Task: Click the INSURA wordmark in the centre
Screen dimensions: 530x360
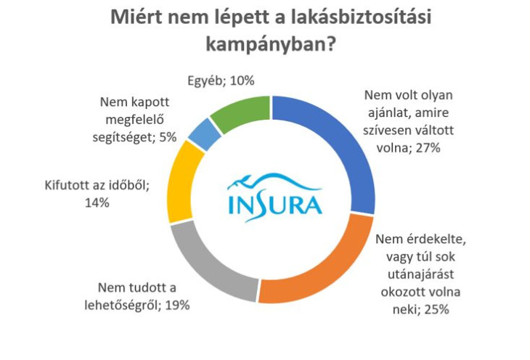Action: (x=275, y=205)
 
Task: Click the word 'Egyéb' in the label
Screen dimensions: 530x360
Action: (x=206, y=81)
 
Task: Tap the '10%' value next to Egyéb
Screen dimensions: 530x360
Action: (x=242, y=81)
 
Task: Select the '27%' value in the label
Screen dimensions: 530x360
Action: (x=428, y=148)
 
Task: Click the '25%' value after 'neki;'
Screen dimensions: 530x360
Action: (x=437, y=309)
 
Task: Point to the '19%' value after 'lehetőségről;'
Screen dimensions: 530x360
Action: (x=177, y=306)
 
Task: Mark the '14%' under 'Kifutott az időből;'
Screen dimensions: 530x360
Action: (x=97, y=202)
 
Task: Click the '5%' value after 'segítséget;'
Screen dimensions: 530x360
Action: (x=168, y=137)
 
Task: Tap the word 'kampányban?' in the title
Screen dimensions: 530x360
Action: (x=270, y=44)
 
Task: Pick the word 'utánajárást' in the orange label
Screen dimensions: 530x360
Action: (x=420, y=274)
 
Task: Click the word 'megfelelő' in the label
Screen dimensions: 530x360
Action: (x=134, y=120)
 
